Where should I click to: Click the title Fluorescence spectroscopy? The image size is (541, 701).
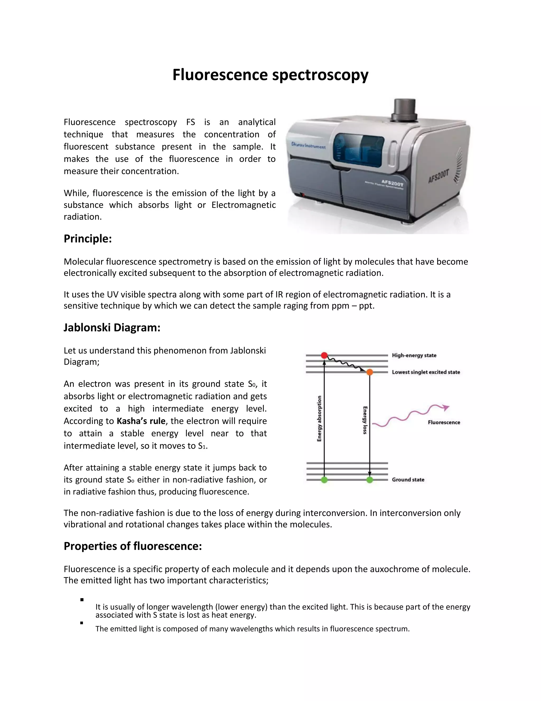coord(270,75)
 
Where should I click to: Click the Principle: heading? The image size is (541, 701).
coord(87,239)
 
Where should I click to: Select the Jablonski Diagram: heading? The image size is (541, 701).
coord(112,327)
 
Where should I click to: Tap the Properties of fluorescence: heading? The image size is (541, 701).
coord(133,546)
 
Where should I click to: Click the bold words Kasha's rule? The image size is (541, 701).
coord(141,421)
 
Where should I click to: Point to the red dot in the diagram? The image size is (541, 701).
coord(324,355)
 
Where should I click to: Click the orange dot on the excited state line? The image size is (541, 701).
coord(370,372)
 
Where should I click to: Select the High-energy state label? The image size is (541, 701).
coord(414,355)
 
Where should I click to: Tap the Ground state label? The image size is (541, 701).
coord(408,480)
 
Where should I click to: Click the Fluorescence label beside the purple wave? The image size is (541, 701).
coord(444,422)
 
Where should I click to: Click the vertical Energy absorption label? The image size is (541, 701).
coord(319,418)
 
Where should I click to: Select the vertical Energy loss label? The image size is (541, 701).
coord(365,420)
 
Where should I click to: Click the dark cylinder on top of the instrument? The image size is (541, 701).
coord(404,110)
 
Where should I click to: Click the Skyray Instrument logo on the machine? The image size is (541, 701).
coord(308,145)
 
